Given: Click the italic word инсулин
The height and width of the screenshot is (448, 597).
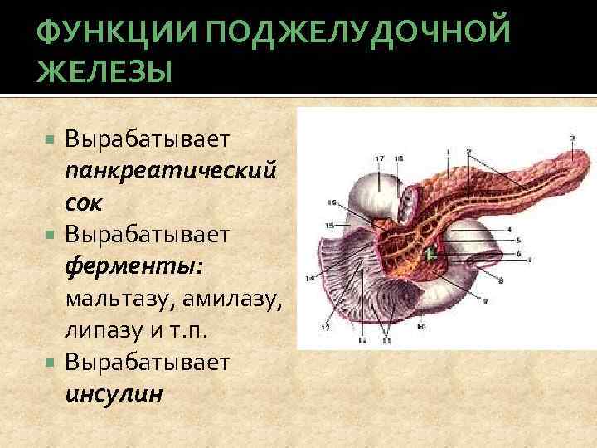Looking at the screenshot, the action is (114, 393).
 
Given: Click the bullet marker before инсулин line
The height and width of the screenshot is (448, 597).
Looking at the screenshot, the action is (51, 363).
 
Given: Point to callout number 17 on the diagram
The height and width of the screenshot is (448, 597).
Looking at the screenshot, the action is (380, 158).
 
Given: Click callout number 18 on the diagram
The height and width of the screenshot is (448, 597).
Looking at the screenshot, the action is (398, 158).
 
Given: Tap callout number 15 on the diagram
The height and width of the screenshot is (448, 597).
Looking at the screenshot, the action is (328, 225).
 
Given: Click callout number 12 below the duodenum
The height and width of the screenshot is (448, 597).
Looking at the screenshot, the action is (362, 341).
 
